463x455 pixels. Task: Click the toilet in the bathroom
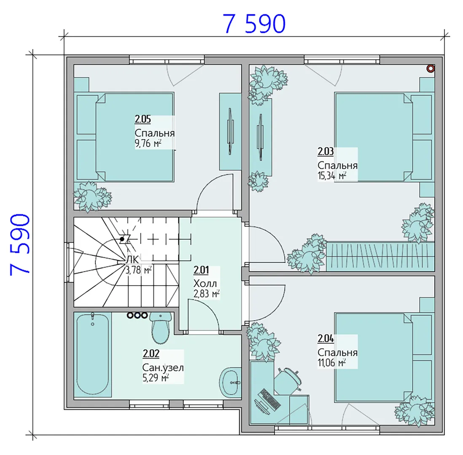coord(160,327)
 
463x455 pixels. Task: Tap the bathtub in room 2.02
coord(92,354)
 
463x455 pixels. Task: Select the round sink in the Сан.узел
coord(230,383)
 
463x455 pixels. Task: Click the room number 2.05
coord(143,119)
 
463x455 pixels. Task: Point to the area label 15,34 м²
coord(331,176)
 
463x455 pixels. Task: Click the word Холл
coord(205,284)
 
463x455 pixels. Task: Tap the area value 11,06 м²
coord(331,363)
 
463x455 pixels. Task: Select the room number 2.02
coord(151,353)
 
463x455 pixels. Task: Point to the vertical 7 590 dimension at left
coord(20,245)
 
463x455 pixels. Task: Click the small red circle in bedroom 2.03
coord(431,69)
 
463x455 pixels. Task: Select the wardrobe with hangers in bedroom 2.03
coord(380,257)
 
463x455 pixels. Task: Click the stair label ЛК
coord(132,260)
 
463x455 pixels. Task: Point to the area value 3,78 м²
coord(138,270)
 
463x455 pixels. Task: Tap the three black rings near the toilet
coord(137,315)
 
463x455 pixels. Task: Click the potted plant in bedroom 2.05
coord(92,196)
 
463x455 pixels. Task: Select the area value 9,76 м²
coord(148,143)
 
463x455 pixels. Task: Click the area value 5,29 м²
coord(156,378)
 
